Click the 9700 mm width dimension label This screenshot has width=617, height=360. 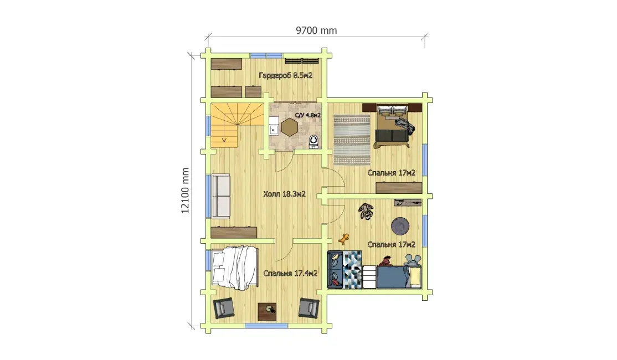pos(316,30)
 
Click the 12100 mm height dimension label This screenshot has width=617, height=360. pos(186,191)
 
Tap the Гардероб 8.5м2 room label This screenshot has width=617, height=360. pos(286,75)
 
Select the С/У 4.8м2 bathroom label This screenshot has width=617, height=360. pos(308,115)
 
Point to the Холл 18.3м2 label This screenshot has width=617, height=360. pos(285,194)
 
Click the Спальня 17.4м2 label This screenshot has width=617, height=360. pos(290,273)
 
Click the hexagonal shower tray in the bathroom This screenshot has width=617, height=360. pos(291,127)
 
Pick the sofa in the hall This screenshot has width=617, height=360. pos(221,196)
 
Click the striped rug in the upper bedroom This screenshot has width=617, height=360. pos(352,140)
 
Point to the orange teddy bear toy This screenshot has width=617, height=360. pos(345,239)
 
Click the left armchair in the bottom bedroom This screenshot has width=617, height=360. pos(224,308)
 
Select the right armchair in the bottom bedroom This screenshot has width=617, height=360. pos(308,308)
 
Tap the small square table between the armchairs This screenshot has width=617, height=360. pos(267,312)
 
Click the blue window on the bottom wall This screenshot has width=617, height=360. pos(266,326)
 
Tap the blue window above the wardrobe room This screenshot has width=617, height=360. pos(266,55)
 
